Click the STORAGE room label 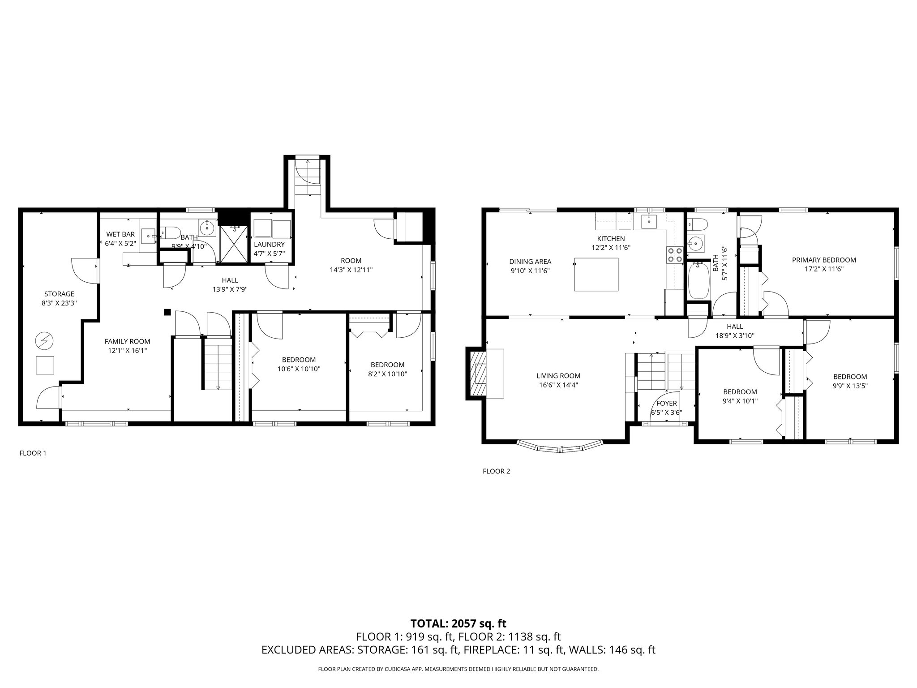tap(59, 294)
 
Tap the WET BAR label tap(120, 234)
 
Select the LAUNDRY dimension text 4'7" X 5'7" tap(269, 254)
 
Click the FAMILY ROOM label tap(128, 341)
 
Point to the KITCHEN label tap(611, 239)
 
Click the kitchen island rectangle tap(596, 274)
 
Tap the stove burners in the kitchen tap(674, 255)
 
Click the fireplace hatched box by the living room tap(477, 373)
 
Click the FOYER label tap(666, 404)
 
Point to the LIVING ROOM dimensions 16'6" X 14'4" tap(558, 384)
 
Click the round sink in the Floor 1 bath tap(207, 228)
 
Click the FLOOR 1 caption tap(33, 453)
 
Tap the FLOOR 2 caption tap(496, 471)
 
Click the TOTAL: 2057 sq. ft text tap(458, 623)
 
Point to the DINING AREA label tap(530, 262)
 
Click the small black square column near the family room tap(167, 312)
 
